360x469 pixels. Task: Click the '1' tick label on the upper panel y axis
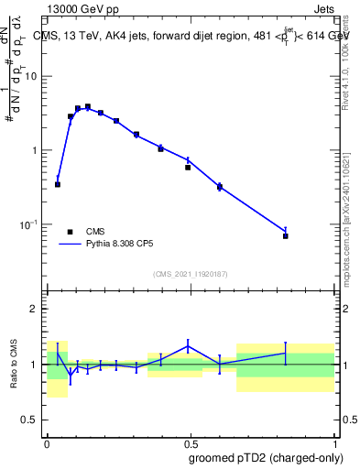point(36,150)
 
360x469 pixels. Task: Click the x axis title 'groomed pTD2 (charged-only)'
point(265,458)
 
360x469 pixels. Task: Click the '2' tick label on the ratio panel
point(36,309)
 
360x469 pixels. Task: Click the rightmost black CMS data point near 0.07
point(286,236)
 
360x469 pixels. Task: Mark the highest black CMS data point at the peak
point(88,106)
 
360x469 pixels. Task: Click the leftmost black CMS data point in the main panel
point(58,184)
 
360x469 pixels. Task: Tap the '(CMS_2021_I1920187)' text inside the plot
point(190,273)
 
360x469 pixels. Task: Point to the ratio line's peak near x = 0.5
point(188,345)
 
